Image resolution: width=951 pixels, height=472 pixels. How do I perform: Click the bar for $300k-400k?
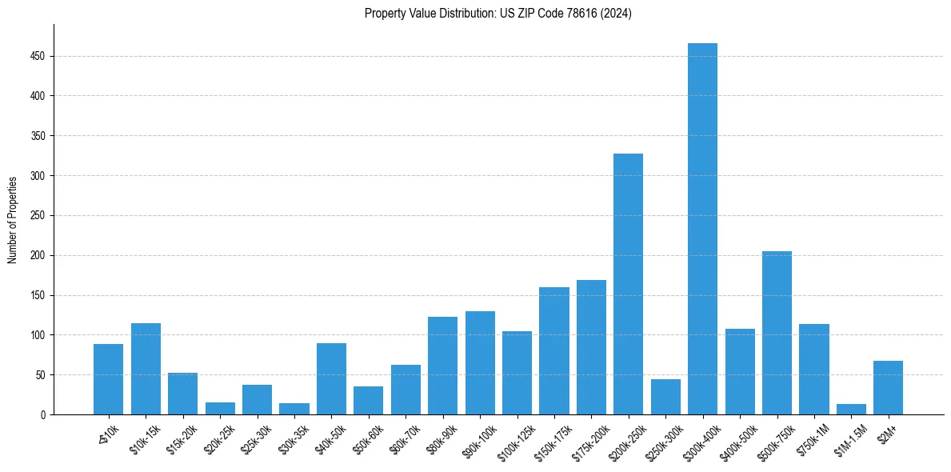(x=702, y=229)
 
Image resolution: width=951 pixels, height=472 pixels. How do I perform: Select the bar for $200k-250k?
(x=628, y=284)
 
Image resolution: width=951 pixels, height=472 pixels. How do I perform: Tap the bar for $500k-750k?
(x=777, y=333)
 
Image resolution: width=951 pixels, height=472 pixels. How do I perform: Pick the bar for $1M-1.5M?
(x=851, y=410)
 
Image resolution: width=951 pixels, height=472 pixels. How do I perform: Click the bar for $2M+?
(x=888, y=388)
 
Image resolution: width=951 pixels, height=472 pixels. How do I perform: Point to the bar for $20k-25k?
(x=220, y=409)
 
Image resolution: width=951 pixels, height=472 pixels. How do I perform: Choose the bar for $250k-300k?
(x=665, y=397)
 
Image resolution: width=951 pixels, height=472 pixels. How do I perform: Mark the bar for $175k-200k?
(x=591, y=347)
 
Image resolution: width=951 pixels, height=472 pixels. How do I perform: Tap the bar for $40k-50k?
(x=331, y=379)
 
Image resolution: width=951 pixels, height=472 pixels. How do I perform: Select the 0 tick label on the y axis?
(x=43, y=415)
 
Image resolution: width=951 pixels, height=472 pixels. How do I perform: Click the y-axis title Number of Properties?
(x=13, y=219)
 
